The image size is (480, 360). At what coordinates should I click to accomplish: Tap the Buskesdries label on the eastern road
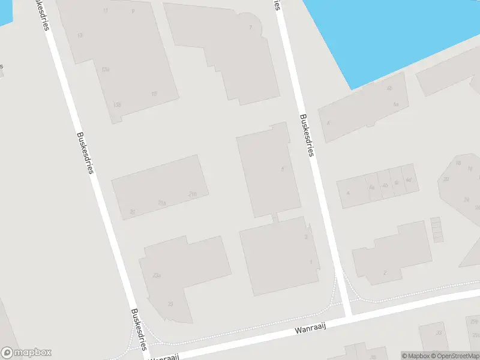pos(307,136)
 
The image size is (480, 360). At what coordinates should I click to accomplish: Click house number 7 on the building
pos(250,28)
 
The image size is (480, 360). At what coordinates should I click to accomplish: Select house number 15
pos(154,94)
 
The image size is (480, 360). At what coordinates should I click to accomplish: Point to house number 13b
pos(116,104)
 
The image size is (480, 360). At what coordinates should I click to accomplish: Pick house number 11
pos(106,11)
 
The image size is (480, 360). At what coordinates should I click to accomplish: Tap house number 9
pos(133,11)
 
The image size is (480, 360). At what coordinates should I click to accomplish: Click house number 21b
pos(193,194)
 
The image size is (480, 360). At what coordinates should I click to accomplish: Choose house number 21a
pos(162,203)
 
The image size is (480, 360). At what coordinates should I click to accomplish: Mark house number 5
pos(282,169)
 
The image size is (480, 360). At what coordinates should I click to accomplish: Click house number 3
pos(306,237)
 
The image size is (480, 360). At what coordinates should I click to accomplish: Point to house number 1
pos(311,262)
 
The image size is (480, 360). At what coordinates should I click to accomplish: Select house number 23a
pos(157,275)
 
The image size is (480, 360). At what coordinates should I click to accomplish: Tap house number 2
pos(385,273)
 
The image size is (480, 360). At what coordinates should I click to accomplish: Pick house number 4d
pos(409,179)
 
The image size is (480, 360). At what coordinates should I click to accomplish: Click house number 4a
pos(371,188)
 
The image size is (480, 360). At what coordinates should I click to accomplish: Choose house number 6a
pos(396,104)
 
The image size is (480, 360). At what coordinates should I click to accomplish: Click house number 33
pos(439,333)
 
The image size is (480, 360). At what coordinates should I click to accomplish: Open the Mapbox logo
pos(26,353)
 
